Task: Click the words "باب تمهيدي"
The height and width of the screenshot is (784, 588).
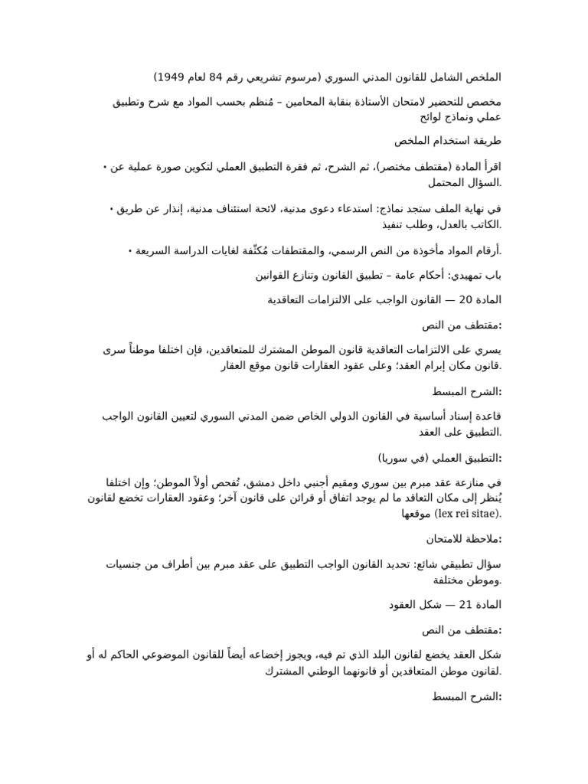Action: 476,275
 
